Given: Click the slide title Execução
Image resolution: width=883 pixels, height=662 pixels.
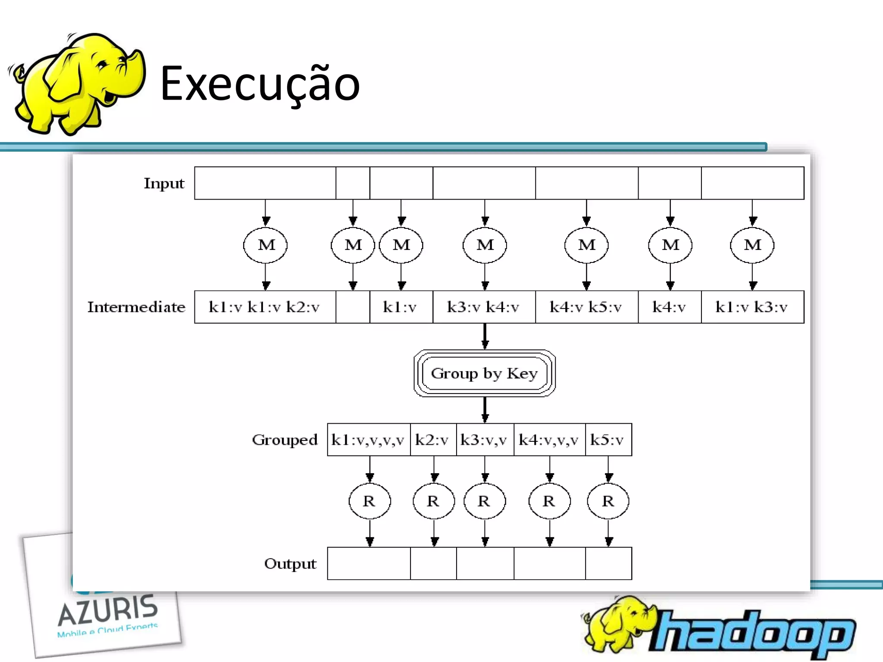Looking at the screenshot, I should point(260,84).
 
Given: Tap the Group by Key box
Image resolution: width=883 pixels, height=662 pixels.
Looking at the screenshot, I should point(484,373).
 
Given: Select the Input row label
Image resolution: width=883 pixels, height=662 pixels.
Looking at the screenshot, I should point(164,184).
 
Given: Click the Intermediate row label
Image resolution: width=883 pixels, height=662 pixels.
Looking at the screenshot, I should point(136,307).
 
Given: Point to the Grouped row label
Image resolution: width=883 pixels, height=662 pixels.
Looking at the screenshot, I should point(285,440).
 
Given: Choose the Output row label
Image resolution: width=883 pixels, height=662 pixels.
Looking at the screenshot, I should point(290,564).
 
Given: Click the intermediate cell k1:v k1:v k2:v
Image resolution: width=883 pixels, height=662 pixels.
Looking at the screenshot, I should point(264,307).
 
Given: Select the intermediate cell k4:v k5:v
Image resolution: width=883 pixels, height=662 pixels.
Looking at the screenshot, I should point(586,307).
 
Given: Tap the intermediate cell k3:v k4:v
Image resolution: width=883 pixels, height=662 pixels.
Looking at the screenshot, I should point(483,307).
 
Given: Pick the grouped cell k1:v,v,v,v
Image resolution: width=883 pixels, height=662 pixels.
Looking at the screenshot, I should point(368,440).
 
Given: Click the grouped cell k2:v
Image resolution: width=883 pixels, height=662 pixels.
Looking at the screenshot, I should point(432,440).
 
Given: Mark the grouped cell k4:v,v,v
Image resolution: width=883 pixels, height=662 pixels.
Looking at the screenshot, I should point(549,440).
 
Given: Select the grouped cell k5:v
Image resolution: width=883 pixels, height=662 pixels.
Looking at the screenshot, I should point(607,440).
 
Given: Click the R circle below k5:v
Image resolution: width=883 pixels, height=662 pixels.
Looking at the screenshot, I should point(608,501).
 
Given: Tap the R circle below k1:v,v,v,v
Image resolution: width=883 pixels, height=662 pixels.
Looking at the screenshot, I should point(369,501).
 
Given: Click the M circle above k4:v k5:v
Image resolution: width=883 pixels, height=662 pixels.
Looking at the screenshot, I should point(586,245).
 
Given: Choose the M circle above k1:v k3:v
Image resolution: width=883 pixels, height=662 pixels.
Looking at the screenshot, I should point(752,245).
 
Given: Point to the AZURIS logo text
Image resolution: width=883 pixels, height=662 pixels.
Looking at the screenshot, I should point(108,610).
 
